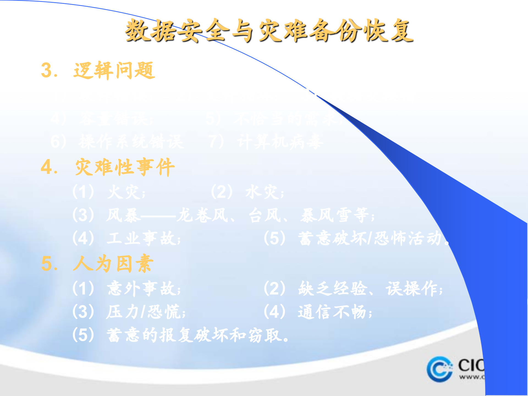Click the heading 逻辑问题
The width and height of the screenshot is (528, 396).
point(114,70)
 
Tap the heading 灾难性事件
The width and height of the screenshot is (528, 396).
point(125,167)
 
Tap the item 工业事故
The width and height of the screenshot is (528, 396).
point(143,238)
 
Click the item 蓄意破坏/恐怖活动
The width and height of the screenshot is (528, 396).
point(370,238)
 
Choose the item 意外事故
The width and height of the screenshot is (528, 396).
point(143,289)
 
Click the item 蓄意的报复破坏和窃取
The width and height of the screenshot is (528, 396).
point(197,335)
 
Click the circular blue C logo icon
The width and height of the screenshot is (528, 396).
point(439,369)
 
